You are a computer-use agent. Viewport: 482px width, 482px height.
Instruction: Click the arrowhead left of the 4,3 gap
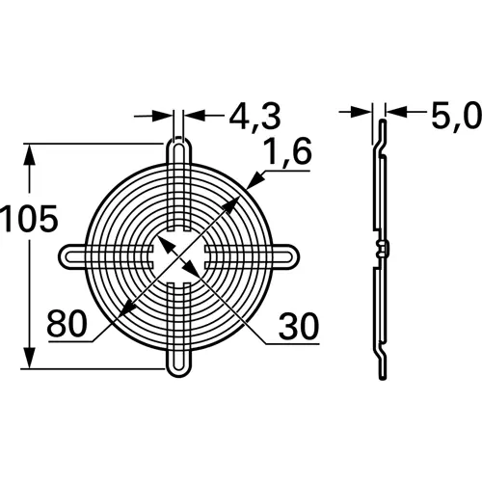[165, 117]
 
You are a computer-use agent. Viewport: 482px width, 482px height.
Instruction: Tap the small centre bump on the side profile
[384, 252]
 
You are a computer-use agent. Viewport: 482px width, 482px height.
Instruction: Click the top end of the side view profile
[379, 126]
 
